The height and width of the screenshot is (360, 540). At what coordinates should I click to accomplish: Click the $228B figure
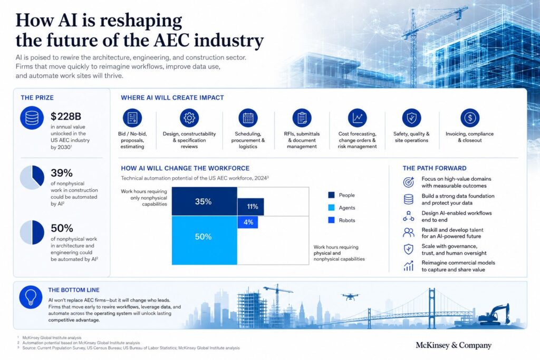66,116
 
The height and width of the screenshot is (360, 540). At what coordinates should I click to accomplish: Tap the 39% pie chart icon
32,177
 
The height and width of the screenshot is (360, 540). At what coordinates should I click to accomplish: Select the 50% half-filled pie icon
32,232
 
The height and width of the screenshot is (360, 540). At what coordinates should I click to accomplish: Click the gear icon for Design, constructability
189,118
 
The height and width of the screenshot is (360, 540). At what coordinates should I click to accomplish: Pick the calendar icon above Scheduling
248,118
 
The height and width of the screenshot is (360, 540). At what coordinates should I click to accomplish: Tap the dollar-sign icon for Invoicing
470,118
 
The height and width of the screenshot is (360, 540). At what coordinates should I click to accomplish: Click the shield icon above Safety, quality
411,118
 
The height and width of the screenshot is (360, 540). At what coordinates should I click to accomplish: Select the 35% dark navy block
205,202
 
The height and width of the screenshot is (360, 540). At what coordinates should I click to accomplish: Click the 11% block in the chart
250,207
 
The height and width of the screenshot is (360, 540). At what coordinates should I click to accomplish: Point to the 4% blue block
248,222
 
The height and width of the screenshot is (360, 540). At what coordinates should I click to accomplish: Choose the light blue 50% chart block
205,240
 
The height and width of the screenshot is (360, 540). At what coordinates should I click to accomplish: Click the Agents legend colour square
331,208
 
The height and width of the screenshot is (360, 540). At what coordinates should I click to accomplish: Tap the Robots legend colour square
331,220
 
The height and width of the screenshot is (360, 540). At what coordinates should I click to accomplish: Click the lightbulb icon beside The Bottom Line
31,297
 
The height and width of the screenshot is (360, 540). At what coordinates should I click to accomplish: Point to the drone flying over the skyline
350,296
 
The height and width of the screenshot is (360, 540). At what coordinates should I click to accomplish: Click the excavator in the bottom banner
494,315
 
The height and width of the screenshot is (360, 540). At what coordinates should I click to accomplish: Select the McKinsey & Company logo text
454,345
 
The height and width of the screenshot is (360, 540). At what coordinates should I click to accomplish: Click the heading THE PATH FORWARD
435,168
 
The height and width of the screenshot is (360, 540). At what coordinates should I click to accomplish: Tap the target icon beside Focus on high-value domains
409,182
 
